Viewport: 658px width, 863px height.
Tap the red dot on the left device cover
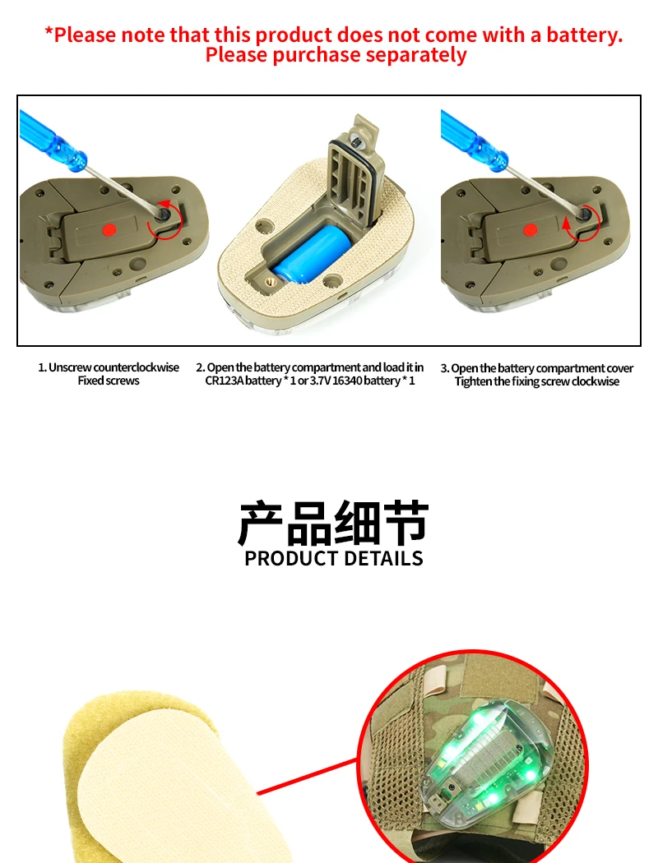click(x=109, y=229)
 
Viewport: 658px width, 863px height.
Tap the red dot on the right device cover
click(x=531, y=230)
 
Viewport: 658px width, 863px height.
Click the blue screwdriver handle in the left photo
click(x=53, y=136)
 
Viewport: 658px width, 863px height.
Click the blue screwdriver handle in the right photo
click(x=474, y=137)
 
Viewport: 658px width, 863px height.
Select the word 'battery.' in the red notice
click(x=584, y=35)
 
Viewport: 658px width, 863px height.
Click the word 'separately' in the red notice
click(x=416, y=55)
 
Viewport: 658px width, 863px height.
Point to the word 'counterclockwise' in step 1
click(x=136, y=367)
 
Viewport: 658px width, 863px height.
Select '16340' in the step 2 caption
click(x=347, y=381)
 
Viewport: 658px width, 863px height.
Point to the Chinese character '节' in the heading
click(x=406, y=522)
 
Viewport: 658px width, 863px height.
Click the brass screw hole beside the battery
click(x=269, y=282)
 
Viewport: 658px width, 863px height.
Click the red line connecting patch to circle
click(x=308, y=777)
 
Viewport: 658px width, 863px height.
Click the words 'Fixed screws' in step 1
click(x=109, y=381)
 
